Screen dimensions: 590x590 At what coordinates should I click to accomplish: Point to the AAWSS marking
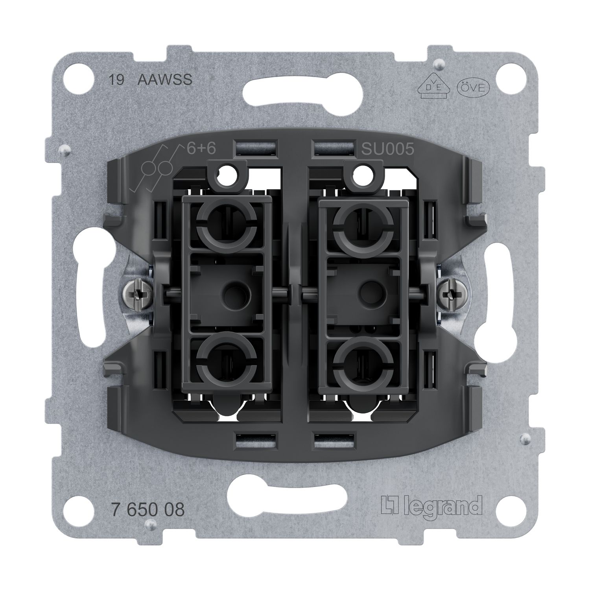[x=165, y=80]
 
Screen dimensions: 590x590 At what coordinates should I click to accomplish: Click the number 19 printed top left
[x=116, y=80]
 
